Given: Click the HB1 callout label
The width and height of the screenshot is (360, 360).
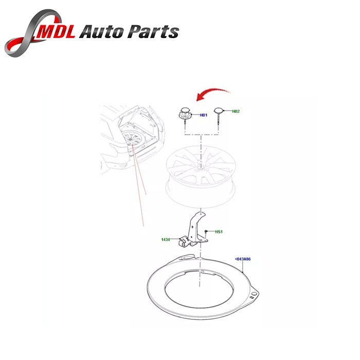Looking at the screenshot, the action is coord(204,115).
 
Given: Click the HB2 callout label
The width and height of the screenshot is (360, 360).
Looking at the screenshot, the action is coord(236,112).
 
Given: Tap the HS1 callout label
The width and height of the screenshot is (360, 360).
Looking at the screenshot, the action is coord(219,231).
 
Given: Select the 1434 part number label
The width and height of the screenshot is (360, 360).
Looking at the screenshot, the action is coord(166,240).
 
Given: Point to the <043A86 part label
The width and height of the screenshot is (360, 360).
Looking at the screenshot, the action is coord(243,259).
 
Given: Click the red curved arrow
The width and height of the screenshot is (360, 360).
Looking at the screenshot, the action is coord(212,94).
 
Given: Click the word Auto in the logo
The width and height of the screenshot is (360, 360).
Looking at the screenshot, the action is coord(101,31).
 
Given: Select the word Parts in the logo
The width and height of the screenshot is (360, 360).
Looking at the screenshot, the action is coord(153,31).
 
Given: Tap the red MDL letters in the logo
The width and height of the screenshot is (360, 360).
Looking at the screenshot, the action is coord(57,31).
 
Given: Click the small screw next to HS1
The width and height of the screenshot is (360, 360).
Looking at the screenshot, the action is coord(206,231).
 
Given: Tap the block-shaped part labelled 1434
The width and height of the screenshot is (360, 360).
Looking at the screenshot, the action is coord(184,243).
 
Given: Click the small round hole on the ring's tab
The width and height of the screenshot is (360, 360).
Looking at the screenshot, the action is coord(254,294).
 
